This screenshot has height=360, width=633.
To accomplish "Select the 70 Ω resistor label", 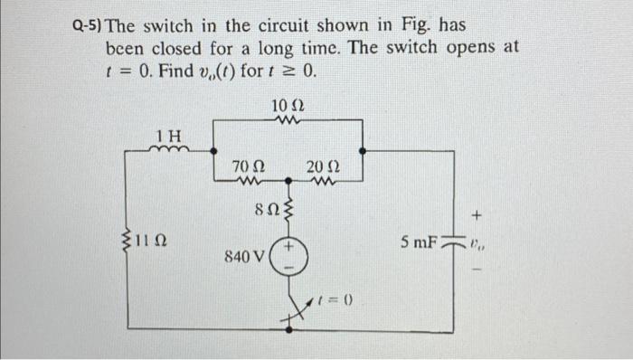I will pyautogui.click(x=247, y=166).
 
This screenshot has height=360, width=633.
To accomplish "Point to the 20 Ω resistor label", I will pyautogui.click(x=323, y=166).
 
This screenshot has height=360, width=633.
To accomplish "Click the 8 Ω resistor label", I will pyautogui.click(x=264, y=209).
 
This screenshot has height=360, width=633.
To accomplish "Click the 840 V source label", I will pyautogui.click(x=244, y=256).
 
